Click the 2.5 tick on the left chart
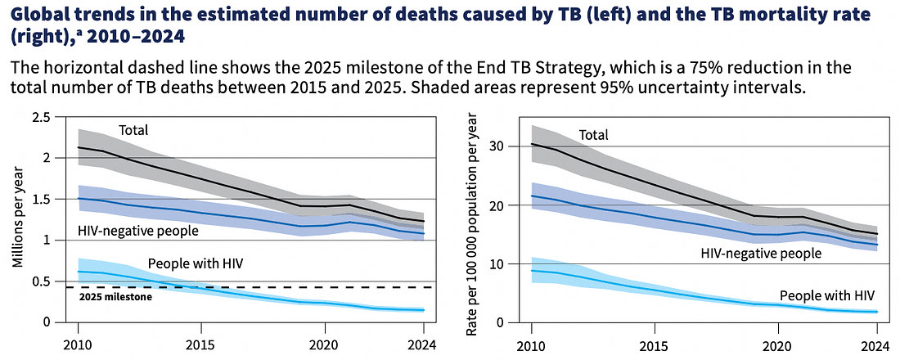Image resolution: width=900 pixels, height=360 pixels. click(41, 117)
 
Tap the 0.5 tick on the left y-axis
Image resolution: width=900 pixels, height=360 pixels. click(41, 281)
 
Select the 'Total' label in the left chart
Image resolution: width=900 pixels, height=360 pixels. click(133, 130)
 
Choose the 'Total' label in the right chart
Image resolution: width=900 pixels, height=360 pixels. click(594, 135)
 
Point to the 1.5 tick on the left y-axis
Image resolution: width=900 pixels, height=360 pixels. click(41, 199)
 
